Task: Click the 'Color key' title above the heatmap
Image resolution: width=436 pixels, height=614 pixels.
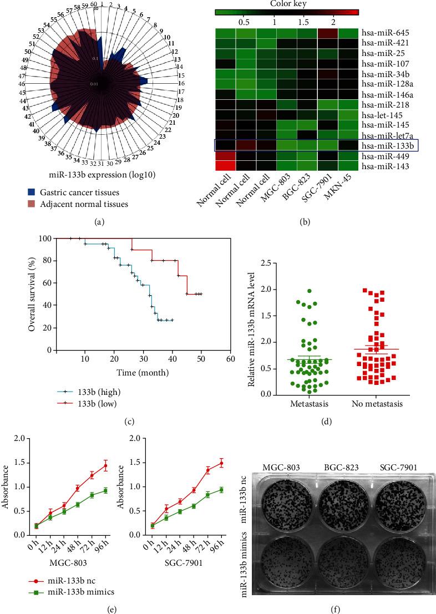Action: [288, 3]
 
